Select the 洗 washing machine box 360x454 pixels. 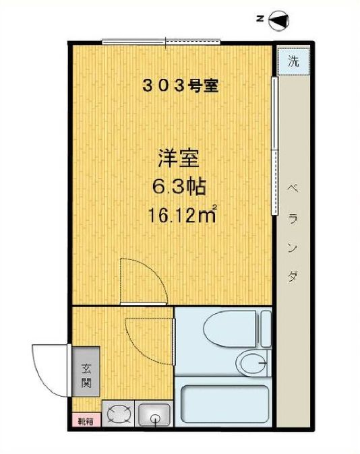coord(293,61)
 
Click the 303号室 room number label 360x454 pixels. coord(179,86)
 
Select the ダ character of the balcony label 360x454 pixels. coord(293,277)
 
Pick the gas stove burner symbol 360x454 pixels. coord(119,413)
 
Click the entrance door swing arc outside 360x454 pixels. coord(49,369)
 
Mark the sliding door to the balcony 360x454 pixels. coord(275,145)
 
